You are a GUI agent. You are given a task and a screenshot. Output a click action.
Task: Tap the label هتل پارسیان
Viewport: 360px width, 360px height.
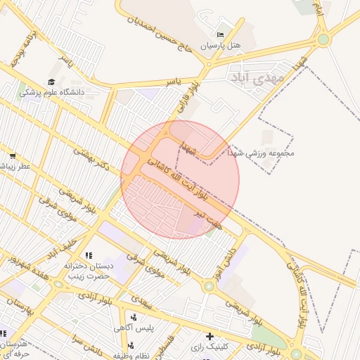(x=221, y=45)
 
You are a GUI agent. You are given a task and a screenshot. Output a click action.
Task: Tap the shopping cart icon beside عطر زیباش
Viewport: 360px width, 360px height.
(x=12, y=155)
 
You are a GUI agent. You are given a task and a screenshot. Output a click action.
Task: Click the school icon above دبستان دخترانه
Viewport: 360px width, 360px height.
(x=88, y=255)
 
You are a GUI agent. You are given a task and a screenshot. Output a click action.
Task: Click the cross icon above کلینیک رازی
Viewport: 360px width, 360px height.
(x=209, y=336)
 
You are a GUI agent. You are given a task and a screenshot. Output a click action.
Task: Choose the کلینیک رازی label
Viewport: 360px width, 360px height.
(x=208, y=347)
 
